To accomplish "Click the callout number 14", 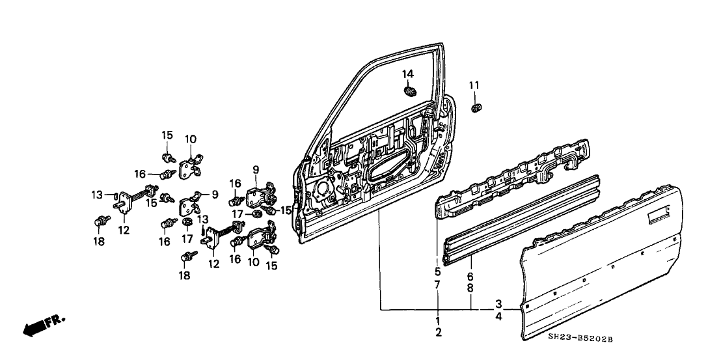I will click(407, 74).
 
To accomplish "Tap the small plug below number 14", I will click(410, 92).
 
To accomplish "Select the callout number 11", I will click(474, 85).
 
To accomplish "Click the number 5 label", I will click(437, 271).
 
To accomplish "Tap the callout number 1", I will click(437, 321).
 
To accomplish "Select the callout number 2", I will click(437, 333).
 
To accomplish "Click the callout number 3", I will click(498, 304).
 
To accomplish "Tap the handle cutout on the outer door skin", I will click(659, 211).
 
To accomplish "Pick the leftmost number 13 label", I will click(97, 194).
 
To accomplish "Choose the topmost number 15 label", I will click(167, 135).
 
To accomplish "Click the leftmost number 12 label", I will click(124, 230).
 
